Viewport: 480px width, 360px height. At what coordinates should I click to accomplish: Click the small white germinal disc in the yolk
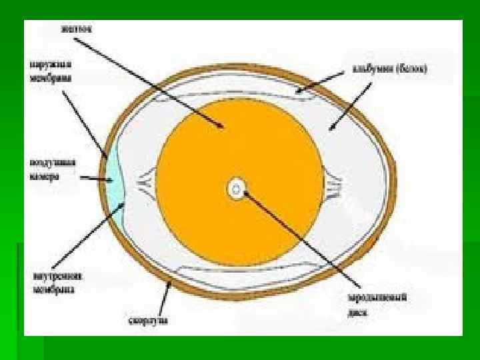pyautogui.click(x=236, y=189)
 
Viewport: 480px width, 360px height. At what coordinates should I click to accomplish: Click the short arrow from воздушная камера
pyautogui.click(x=96, y=179)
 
